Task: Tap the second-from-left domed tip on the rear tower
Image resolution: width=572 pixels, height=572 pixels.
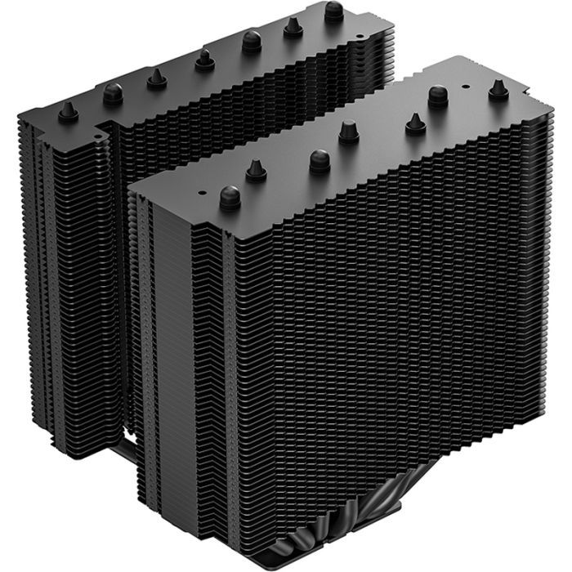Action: pos(113,93)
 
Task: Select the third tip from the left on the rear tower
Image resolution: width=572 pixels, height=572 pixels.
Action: pos(155,78)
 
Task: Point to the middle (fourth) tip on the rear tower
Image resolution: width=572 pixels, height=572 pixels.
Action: pos(203,59)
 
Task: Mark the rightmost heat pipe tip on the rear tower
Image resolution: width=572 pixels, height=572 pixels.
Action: pos(333,11)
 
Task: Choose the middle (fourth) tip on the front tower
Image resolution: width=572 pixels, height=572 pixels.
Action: pos(349,131)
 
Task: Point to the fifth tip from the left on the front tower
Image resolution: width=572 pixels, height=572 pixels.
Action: pos(414,123)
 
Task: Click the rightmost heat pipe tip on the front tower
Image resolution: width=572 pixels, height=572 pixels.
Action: pos(498,90)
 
